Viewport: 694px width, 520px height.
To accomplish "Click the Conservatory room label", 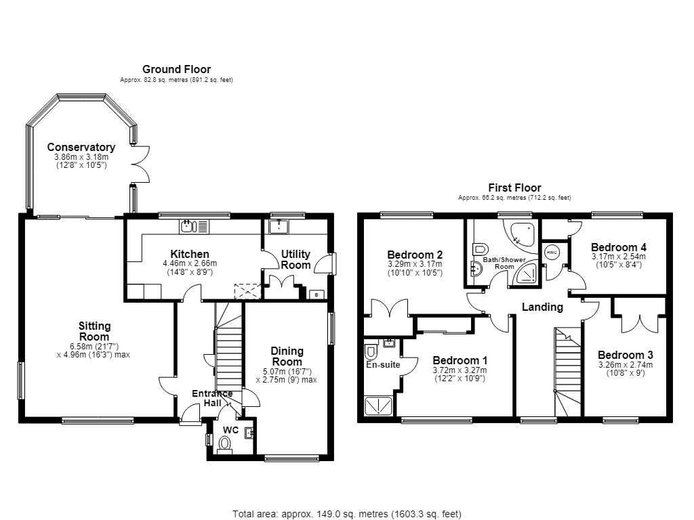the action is point(81,147).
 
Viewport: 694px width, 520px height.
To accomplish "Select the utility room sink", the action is point(279,227).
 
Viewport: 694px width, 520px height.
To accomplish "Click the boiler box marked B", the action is point(317,295).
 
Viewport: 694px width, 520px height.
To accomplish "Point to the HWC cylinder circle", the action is point(552,253).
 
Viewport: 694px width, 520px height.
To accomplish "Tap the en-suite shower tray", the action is point(378,406).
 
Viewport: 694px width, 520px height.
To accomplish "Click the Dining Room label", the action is point(287,356).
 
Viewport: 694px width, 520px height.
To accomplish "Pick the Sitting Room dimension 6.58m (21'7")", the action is point(93,346).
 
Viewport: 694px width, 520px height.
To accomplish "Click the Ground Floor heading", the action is point(177,69).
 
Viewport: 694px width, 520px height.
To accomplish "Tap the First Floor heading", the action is point(515,188).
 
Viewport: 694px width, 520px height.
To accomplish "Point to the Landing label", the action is point(542,307).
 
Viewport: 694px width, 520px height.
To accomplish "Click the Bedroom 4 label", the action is point(618,247).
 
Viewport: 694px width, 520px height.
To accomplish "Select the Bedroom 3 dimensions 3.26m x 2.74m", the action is point(626,365).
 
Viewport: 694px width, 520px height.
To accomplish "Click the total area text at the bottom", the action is point(347,514).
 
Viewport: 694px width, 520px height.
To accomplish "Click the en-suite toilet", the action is point(371,352).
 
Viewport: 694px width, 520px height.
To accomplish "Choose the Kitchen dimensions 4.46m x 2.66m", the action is point(190,263).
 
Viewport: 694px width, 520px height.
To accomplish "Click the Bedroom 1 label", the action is point(460,360).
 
